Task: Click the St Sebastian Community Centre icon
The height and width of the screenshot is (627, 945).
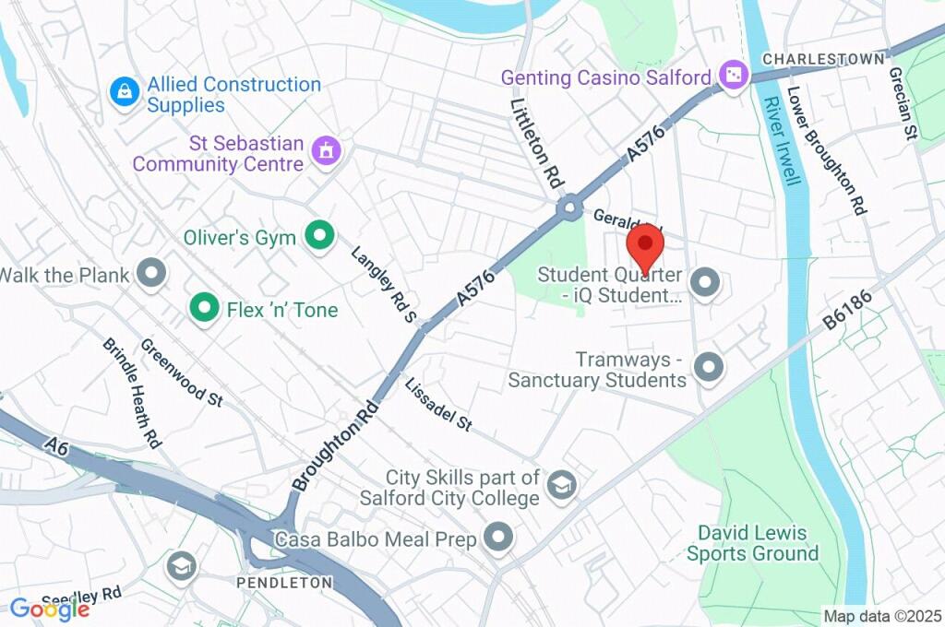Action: tap(325, 150)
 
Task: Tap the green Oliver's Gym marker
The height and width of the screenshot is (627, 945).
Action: tap(319, 236)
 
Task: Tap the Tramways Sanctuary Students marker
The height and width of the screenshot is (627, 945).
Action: tap(708, 368)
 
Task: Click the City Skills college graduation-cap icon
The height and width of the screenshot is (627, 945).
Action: tap(560, 485)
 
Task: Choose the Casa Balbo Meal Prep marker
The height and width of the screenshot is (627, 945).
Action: tap(498, 538)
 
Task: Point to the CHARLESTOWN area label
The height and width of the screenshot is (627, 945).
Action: tap(823, 59)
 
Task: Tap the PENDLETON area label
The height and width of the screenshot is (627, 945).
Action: tap(284, 583)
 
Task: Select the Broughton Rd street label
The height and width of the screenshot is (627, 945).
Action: tap(335, 445)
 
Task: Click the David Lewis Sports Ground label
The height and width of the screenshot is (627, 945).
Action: tap(752, 543)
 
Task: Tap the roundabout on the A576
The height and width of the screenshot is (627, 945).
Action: tap(568, 208)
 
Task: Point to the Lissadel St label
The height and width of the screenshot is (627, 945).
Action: tap(439, 405)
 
